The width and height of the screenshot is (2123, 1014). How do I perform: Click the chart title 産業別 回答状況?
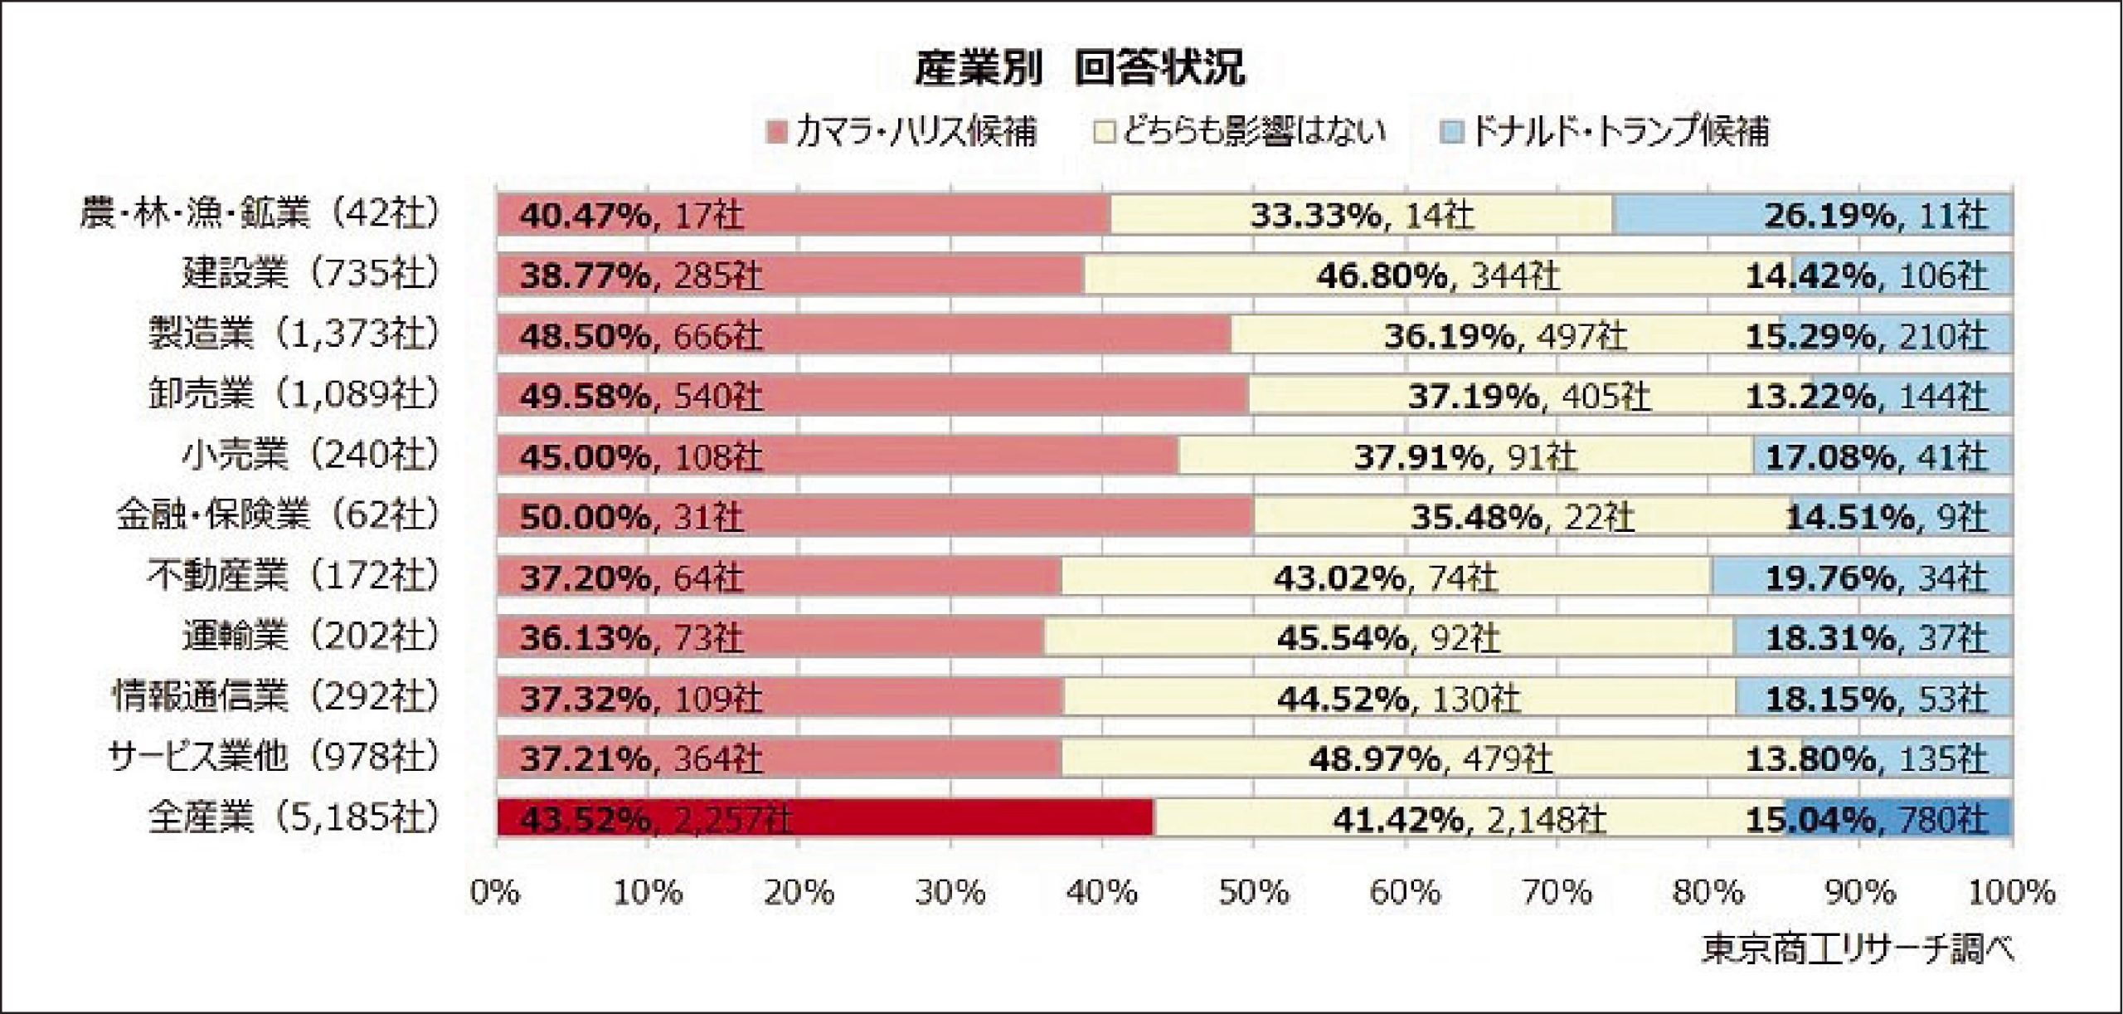[1079, 69]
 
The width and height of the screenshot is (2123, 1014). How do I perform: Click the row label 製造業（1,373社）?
[293, 334]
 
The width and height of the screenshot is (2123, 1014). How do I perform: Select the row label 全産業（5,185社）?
[293, 818]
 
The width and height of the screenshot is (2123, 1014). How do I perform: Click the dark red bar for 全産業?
[825, 818]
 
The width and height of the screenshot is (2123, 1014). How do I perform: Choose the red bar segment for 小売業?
[838, 456]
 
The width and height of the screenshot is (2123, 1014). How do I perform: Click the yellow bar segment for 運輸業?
[1388, 636]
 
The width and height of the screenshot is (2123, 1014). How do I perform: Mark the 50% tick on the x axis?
[1254, 893]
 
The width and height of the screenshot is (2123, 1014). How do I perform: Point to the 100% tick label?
[2010, 893]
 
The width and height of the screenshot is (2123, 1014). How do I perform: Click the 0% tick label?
[496, 893]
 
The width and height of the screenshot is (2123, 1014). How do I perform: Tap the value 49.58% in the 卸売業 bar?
[585, 396]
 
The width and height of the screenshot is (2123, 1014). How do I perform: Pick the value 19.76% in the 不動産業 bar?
[1829, 577]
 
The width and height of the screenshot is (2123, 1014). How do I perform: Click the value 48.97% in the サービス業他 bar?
[1374, 758]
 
